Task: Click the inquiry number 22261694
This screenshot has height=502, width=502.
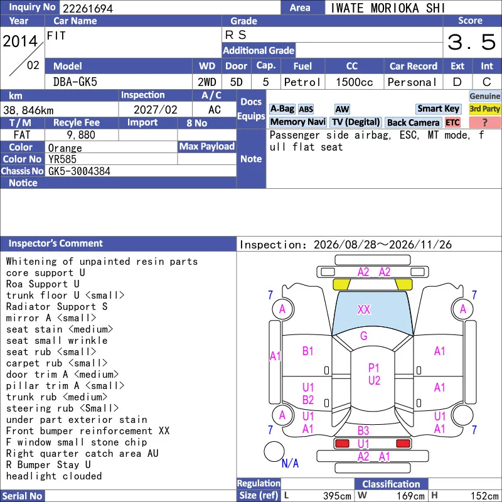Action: [x=88, y=8]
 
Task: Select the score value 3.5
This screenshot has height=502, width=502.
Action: [x=472, y=42]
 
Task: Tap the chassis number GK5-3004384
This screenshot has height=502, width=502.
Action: [x=79, y=171]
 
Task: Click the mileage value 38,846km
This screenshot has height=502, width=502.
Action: [x=28, y=110]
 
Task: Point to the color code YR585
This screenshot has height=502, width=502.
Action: [x=62, y=159]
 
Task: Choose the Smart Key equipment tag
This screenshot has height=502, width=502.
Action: [x=438, y=109]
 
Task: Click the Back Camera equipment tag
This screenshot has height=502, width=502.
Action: [x=413, y=122]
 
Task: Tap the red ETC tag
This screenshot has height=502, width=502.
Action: [x=452, y=122]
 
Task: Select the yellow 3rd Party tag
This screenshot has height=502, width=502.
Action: [x=484, y=109]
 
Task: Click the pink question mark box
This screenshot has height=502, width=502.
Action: [x=484, y=122]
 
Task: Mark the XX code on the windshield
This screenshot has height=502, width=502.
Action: [x=364, y=309]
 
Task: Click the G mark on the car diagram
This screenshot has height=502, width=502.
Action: [x=364, y=336]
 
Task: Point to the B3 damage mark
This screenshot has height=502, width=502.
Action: [x=363, y=430]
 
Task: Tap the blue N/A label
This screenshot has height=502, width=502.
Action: [x=290, y=463]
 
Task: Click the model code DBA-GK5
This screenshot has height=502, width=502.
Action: [x=75, y=82]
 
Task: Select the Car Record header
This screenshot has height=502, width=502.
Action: [x=414, y=66]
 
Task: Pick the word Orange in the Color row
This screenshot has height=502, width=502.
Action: [x=65, y=148]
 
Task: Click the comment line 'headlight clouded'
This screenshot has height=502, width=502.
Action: [x=54, y=476]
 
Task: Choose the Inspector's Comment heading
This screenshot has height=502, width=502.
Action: [x=56, y=243]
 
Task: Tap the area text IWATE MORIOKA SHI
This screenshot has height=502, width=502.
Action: [x=387, y=8]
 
